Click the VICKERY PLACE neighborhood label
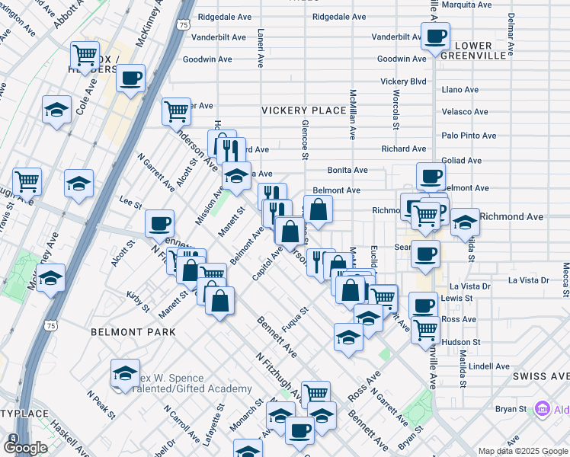[x=304, y=110]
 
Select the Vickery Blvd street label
[x=403, y=81]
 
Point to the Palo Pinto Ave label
[x=469, y=136]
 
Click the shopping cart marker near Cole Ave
[x=85, y=55]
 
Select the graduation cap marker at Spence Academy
[x=125, y=373]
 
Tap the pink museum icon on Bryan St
[x=542, y=409]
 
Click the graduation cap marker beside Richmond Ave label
[x=465, y=222]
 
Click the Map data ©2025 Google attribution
[x=522, y=450]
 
